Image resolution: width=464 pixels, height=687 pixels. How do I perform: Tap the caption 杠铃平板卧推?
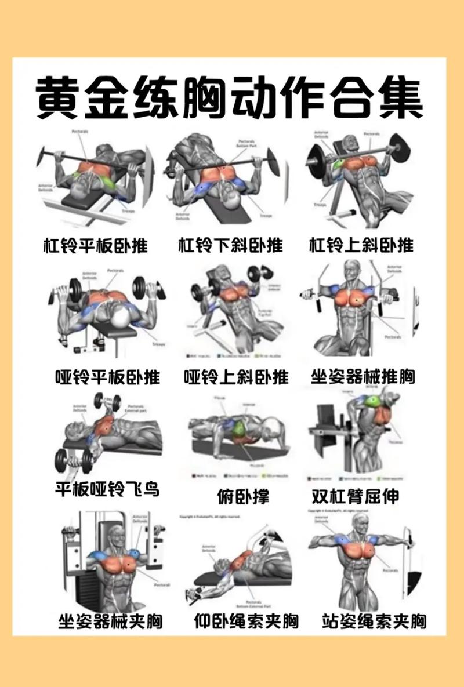coord(96,245)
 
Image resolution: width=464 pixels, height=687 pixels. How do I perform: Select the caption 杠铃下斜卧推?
coord(230,245)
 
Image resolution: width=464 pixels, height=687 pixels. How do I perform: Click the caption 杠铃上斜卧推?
coord(361,245)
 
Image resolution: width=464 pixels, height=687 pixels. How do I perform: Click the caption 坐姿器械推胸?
coord(363,377)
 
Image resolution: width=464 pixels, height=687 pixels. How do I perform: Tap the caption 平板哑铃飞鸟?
coord(107,489)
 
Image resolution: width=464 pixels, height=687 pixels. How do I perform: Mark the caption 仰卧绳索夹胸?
coord(246,621)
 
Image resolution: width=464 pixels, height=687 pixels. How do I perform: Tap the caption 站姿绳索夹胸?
coord(374,621)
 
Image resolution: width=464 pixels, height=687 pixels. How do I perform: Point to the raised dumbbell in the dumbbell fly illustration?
coord(107,402)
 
